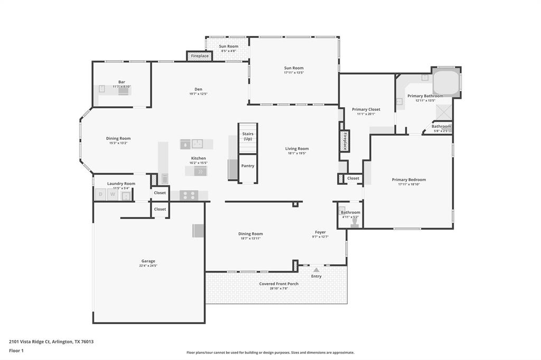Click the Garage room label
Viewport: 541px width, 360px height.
coord(148,261)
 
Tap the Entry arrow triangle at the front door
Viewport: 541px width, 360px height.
coord(316,270)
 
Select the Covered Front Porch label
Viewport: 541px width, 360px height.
coord(278,284)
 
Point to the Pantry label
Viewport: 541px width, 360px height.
coord(248,166)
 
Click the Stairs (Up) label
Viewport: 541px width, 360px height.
coord(248,136)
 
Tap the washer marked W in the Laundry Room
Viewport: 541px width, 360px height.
coord(113,195)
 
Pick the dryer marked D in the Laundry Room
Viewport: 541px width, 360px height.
coord(100,195)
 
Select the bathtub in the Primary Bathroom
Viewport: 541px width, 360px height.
coord(445,82)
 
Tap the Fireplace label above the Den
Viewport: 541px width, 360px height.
coord(200,55)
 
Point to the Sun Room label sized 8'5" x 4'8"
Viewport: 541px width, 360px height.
coord(229,46)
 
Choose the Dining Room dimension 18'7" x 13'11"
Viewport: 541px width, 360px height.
coord(250,239)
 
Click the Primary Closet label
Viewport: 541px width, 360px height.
coord(366,109)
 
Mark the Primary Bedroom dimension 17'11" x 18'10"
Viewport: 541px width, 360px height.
coord(408,184)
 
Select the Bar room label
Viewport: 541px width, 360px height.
coord(122,82)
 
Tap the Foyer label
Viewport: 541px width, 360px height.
coord(320,232)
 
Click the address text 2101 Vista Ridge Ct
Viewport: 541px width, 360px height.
coord(51,342)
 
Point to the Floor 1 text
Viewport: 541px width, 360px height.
coord(16,350)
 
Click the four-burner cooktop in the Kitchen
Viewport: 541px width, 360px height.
coord(189,195)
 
